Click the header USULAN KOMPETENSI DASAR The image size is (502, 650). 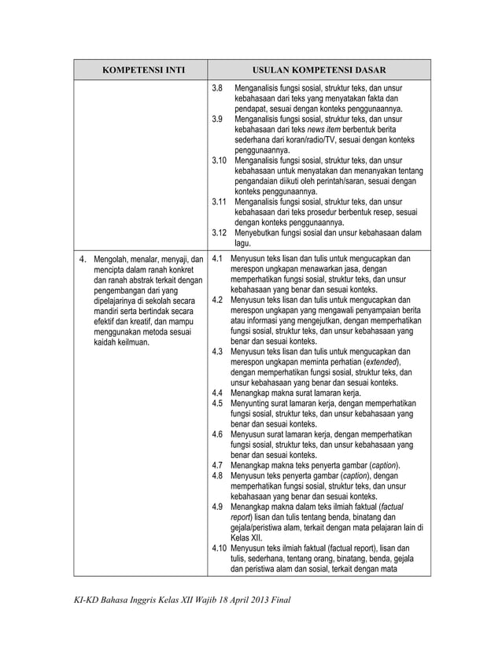(x=319, y=70)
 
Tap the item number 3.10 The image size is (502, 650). (x=220, y=161)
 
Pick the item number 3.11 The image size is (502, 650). (x=220, y=201)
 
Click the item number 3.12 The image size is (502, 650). (x=220, y=232)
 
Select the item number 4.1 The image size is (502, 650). (x=219, y=258)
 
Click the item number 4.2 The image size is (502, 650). (x=219, y=300)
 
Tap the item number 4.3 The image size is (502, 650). (x=219, y=351)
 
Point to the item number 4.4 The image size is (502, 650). (x=219, y=392)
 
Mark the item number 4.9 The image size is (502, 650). (x=219, y=506)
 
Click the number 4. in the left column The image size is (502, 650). (x=83, y=258)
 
